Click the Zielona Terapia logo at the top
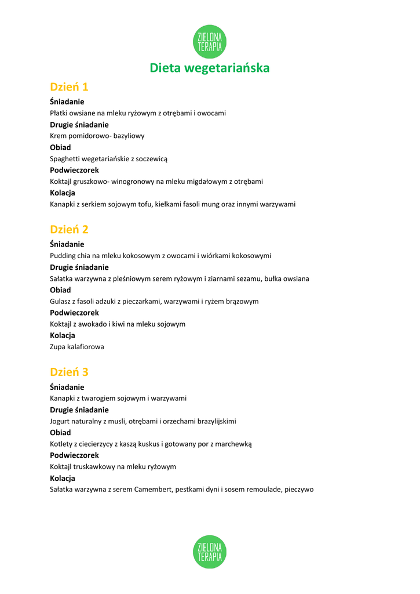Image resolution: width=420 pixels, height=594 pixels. [210, 42]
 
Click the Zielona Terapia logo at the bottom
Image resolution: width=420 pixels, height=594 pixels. [210, 552]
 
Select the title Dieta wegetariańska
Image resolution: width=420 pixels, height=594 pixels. [210, 68]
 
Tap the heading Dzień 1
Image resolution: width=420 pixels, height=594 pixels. [69, 87]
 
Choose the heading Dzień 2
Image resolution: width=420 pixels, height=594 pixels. [69, 230]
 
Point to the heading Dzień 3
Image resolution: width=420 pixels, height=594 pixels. [69, 372]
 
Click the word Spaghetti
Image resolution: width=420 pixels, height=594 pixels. [64, 158]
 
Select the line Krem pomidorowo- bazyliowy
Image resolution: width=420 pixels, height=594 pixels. [97, 136]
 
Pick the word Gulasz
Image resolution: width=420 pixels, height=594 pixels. [60, 301]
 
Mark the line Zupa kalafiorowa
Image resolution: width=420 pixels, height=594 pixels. [77, 347]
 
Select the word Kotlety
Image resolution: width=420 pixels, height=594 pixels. [61, 444]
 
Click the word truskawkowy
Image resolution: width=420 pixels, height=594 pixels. [95, 466]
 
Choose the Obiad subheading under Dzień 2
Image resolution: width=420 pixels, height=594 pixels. [60, 290]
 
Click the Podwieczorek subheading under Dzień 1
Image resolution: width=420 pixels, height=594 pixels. [74, 170]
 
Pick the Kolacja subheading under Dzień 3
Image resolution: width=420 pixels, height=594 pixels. [63, 479]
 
